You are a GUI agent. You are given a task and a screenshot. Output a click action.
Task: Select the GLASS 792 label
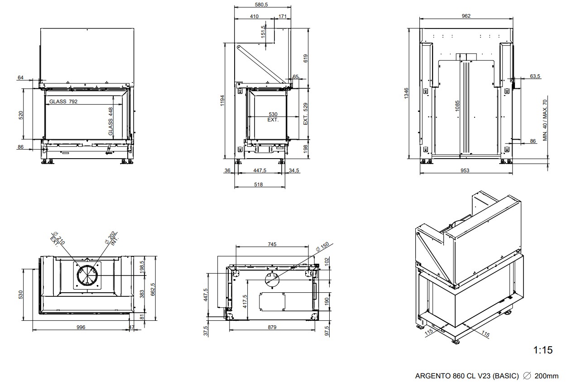(63, 102)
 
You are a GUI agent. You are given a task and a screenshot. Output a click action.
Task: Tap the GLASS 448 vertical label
(111, 121)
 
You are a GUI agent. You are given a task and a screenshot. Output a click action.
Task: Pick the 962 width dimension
(466, 16)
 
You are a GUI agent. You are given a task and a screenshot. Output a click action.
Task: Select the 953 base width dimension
(465, 170)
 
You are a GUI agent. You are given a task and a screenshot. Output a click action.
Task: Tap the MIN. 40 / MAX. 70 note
(546, 120)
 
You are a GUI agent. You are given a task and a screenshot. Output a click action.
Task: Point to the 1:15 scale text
(543, 350)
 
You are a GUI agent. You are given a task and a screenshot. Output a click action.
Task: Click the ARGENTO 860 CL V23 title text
(467, 376)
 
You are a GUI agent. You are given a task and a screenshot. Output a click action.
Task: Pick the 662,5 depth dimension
(153, 288)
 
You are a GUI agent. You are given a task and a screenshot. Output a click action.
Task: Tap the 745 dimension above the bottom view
(272, 244)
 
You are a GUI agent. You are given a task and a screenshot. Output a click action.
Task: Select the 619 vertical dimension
(306, 58)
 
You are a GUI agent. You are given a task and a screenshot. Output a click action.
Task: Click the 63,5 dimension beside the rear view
(535, 76)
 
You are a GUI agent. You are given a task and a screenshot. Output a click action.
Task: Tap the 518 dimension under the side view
(259, 184)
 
